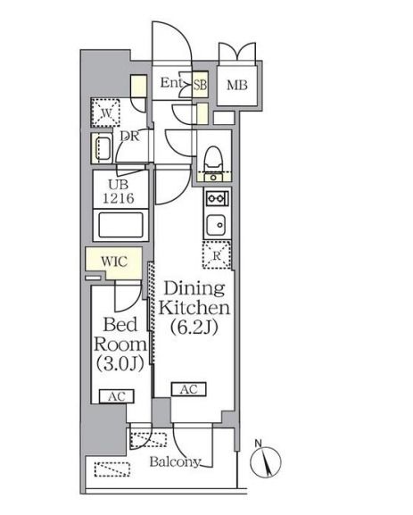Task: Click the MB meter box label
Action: [237, 86]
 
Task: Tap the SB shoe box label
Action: [200, 85]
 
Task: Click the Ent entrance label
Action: [170, 83]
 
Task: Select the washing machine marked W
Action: [105, 112]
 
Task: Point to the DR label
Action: [129, 136]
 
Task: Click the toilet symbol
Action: [213, 160]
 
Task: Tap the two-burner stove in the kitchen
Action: [217, 198]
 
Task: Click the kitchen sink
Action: [216, 225]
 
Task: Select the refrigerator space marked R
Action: [217, 255]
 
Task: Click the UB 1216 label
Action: [119, 192]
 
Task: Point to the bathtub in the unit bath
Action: [120, 225]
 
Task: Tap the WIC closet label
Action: [114, 262]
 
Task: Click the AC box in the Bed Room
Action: [117, 396]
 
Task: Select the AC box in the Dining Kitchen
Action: [189, 389]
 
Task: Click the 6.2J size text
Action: [194, 328]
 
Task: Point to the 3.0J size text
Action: [120, 363]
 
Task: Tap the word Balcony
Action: [175, 462]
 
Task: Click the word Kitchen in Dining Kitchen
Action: [194, 308]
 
